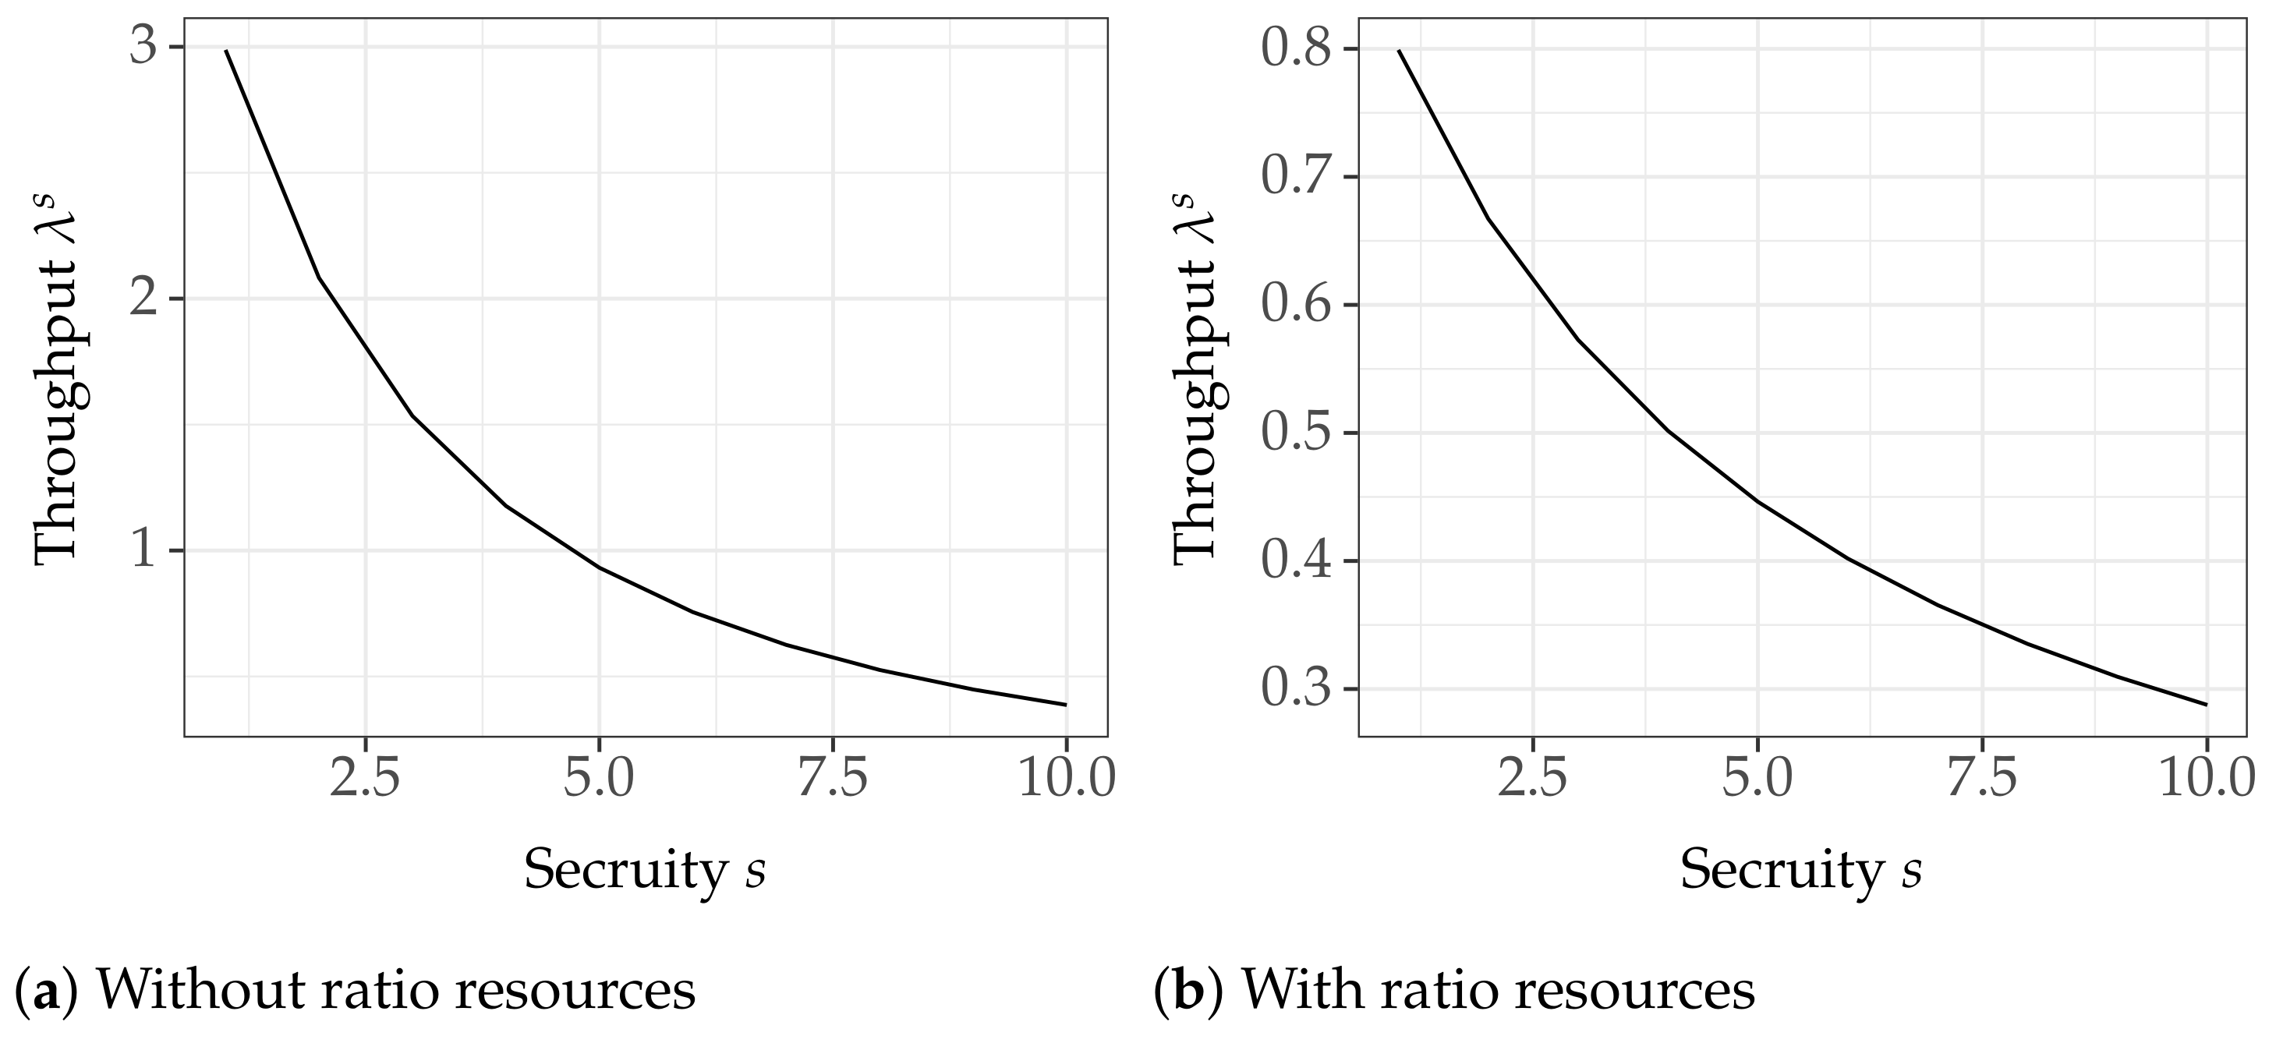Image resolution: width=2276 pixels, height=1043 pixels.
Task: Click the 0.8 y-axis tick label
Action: point(1296,48)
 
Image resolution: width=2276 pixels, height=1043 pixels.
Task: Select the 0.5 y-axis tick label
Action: point(1296,433)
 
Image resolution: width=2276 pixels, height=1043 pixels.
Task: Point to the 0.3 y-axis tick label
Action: point(1296,689)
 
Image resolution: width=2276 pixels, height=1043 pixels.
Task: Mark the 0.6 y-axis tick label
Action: point(1296,305)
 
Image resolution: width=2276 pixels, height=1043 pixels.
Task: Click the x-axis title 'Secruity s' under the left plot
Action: point(644,871)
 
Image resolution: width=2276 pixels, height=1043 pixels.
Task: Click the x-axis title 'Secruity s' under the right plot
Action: point(1800,871)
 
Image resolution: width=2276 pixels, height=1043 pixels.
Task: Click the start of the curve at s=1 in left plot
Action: point(226,51)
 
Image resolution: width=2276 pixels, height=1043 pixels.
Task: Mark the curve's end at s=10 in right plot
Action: point(2206,705)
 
